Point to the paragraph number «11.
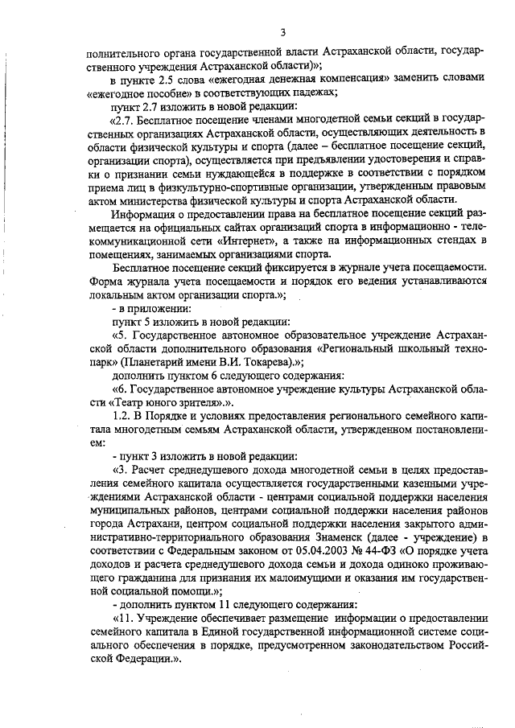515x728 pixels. coord(124,619)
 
